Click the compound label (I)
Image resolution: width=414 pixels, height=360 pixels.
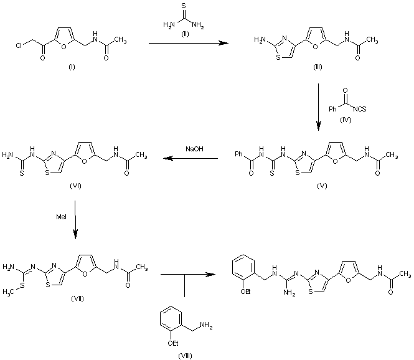tap(72, 67)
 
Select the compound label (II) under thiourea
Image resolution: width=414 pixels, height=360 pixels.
tap(185, 34)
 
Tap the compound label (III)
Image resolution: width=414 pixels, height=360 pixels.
tap(318, 67)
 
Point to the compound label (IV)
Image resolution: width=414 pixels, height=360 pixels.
tap(346, 120)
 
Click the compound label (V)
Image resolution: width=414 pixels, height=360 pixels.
tap(322, 186)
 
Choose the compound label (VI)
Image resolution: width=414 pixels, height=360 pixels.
tap(75, 186)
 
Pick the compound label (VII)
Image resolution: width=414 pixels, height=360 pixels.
tap(77, 299)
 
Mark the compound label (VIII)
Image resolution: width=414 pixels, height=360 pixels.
tap(185, 356)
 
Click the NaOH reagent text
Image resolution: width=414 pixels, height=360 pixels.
tap(194, 149)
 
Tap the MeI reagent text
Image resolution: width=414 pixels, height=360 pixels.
tap(61, 217)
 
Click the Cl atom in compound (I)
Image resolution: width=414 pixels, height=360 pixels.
tap(19, 45)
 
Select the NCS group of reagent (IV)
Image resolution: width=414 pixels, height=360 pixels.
tap(360, 109)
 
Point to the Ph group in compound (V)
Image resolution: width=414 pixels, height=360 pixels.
tap(238, 154)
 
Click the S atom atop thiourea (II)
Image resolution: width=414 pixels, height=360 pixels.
tap(184, 5)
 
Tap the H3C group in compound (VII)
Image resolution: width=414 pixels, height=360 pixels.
tap(8, 292)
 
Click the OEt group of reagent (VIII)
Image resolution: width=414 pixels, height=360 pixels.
tap(173, 343)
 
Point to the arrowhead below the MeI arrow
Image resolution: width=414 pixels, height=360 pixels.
tap(76, 234)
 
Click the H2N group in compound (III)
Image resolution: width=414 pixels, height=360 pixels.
tap(260, 40)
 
